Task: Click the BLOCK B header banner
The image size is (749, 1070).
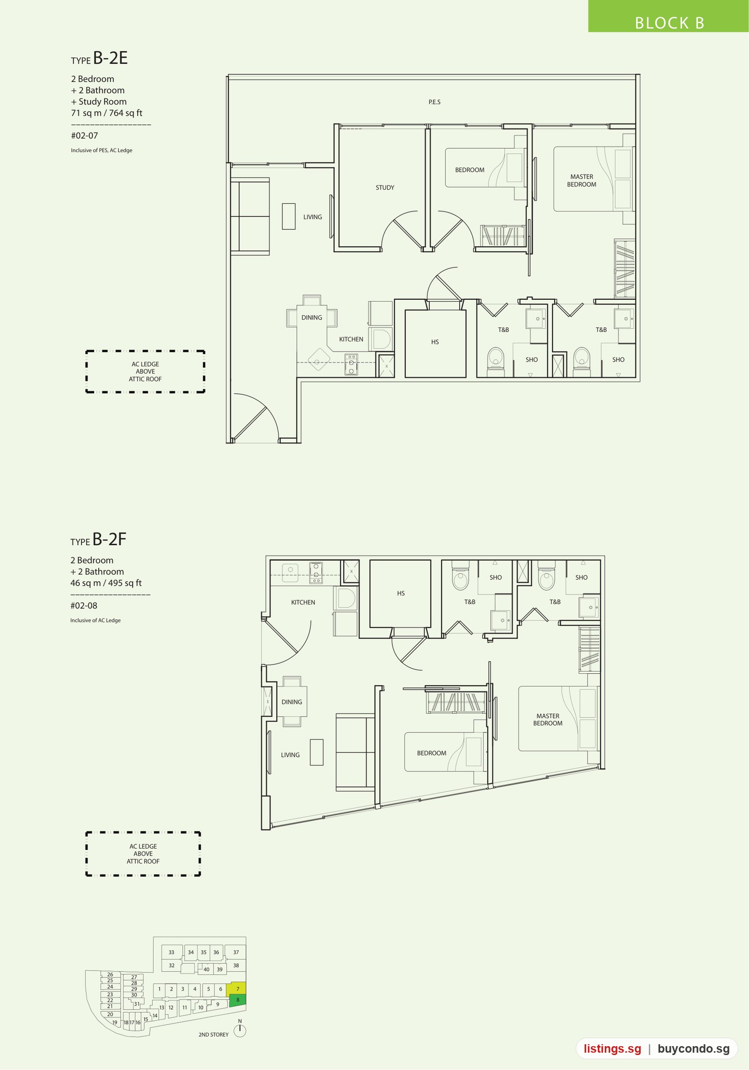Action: click(668, 16)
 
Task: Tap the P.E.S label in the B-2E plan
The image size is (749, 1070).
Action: click(434, 102)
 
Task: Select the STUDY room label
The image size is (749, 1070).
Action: click(385, 188)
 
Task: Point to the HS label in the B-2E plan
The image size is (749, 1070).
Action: click(435, 342)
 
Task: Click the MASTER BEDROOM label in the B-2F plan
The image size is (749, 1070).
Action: click(548, 720)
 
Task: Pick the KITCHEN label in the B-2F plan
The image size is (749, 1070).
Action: click(303, 603)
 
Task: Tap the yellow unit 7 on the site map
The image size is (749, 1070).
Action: click(236, 989)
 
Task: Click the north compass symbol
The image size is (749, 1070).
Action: click(240, 1030)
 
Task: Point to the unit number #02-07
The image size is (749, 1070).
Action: click(85, 136)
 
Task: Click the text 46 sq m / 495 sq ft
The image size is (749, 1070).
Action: click(106, 583)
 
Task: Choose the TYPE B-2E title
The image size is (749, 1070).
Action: click(99, 58)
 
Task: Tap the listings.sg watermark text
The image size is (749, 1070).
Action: click(612, 1048)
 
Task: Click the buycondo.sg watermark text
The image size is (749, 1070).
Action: click(693, 1048)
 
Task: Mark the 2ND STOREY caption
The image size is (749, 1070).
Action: click(213, 1035)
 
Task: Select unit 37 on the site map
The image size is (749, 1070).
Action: click(236, 952)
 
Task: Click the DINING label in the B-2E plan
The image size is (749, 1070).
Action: click(312, 317)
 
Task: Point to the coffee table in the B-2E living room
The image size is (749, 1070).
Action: click(288, 216)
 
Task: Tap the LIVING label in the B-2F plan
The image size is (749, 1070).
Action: click(290, 755)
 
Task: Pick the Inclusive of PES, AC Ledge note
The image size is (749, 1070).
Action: click(102, 150)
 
